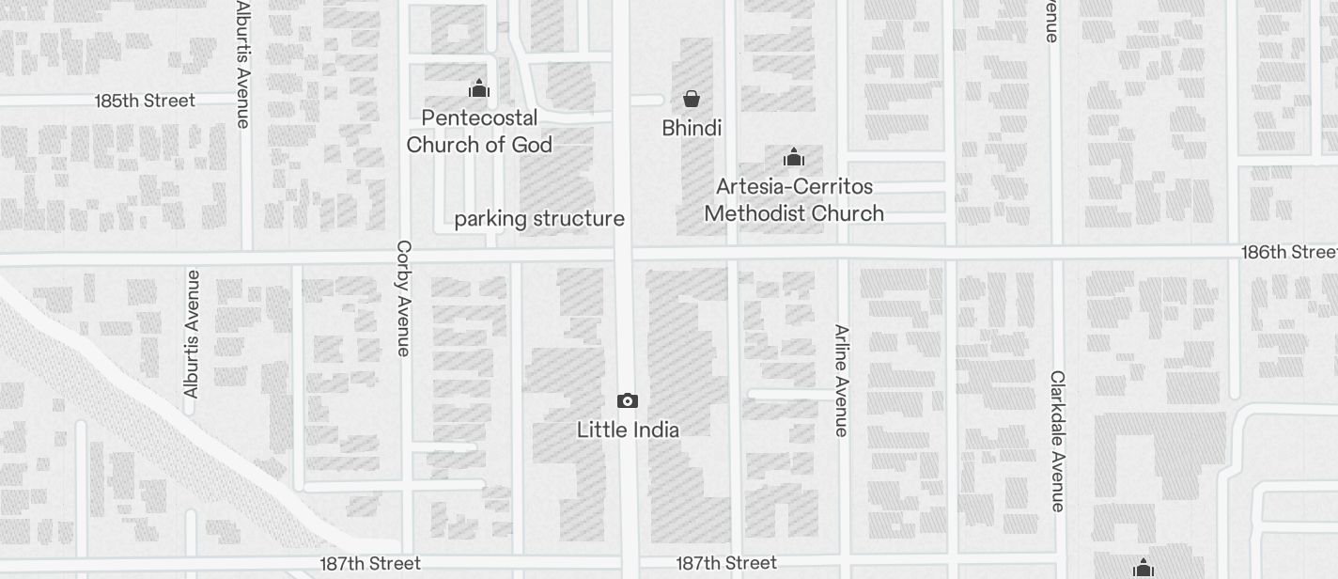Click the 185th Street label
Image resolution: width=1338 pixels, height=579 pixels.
(x=145, y=101)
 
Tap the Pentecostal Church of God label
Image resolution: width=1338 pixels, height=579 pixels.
(x=479, y=132)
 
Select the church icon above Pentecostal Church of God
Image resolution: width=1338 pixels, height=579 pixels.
(x=479, y=89)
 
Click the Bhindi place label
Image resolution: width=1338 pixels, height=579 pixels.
(x=692, y=128)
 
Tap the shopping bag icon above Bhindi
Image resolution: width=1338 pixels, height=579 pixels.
(x=692, y=99)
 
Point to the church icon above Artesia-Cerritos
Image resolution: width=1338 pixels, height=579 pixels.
(x=794, y=157)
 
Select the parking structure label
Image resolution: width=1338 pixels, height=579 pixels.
(x=539, y=219)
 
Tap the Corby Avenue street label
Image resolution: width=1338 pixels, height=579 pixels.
(x=404, y=298)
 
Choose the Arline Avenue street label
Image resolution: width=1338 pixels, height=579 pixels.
(x=842, y=381)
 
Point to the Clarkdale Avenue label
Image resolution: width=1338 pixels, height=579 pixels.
(x=1058, y=441)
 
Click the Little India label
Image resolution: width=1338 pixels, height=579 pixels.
(x=628, y=430)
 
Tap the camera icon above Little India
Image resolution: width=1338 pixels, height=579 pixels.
(x=628, y=401)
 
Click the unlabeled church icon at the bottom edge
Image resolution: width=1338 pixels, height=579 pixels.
(x=1144, y=568)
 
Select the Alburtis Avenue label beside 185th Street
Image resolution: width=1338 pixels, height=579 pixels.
(x=243, y=64)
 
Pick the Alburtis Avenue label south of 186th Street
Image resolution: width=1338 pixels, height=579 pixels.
(x=193, y=334)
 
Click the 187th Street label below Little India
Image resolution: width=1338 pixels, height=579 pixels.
(x=726, y=563)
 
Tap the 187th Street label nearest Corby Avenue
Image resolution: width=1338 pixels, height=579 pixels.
(x=370, y=564)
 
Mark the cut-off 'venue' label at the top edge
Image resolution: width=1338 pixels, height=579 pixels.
(x=1051, y=21)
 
